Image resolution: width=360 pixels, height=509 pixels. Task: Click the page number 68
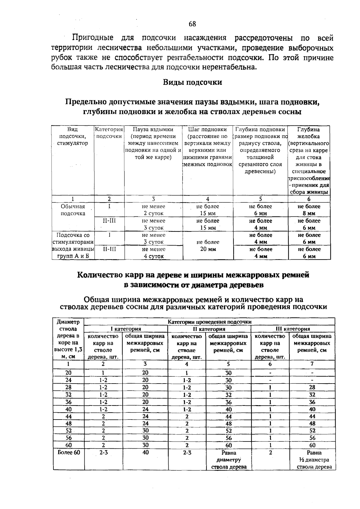(192, 24)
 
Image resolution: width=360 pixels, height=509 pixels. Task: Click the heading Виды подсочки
(192, 82)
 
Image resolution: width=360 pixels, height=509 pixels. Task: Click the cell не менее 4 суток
(153, 253)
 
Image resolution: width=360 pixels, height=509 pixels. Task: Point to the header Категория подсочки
(109, 133)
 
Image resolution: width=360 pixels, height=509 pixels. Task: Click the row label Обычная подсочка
(73, 210)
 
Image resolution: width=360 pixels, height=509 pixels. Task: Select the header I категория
(126, 329)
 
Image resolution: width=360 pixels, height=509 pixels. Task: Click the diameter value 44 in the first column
(69, 417)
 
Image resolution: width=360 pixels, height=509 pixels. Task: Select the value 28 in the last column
(312, 387)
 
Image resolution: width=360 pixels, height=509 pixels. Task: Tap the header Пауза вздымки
(153, 130)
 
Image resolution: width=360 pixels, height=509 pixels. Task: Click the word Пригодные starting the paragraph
(93, 38)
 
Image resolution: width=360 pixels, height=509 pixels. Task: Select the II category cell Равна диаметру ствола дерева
(229, 460)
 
